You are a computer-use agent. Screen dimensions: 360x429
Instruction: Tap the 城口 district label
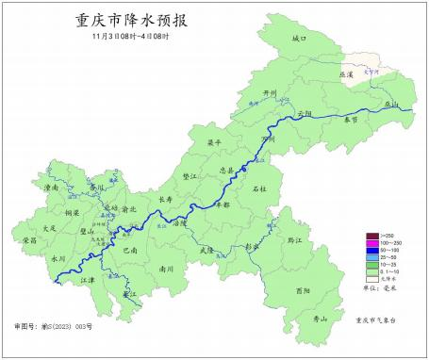[x=300, y=39]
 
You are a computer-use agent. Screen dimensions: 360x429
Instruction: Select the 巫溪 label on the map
[x=346, y=73]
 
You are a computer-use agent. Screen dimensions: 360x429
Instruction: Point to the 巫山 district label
[x=391, y=104]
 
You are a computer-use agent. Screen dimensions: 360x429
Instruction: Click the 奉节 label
[x=351, y=121]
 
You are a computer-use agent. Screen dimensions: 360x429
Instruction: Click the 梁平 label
[x=214, y=142]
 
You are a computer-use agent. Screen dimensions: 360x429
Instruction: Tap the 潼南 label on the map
[x=53, y=188]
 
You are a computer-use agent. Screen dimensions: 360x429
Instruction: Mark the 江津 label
[x=88, y=280]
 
